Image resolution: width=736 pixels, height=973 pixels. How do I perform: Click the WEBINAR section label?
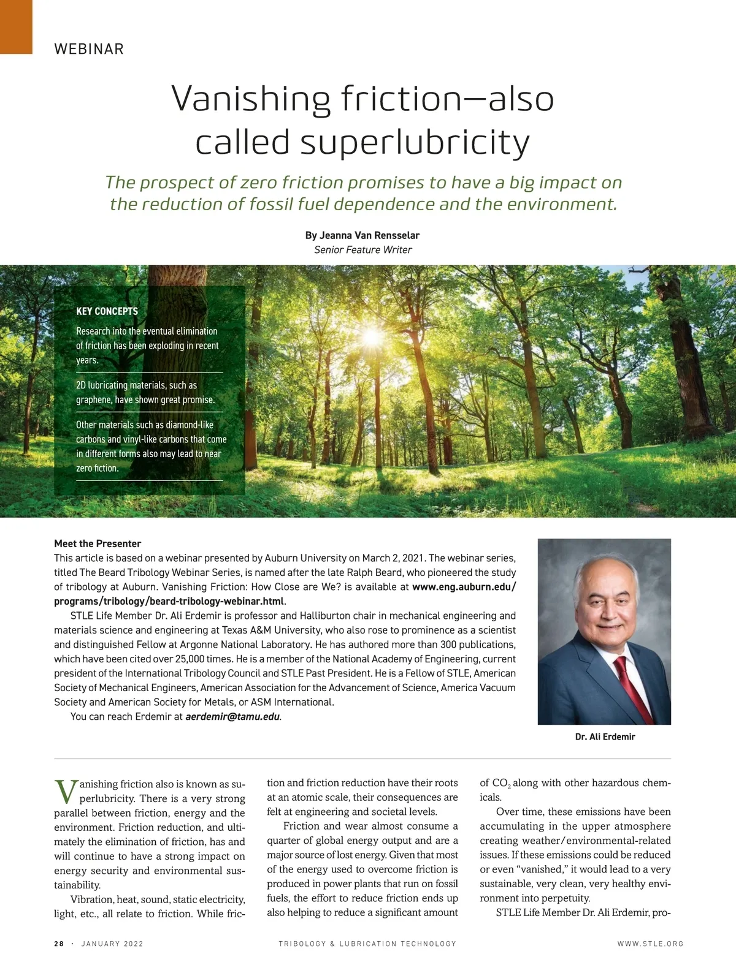pos(89,49)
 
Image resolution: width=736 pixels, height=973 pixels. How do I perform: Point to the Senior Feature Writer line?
pos(362,249)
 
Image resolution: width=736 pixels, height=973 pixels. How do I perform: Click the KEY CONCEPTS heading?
pos(107,311)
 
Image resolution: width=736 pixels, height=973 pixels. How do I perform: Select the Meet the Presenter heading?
pos(98,543)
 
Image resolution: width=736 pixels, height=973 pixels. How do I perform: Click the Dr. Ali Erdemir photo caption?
pos(605,736)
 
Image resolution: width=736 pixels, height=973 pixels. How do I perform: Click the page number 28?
pos(59,944)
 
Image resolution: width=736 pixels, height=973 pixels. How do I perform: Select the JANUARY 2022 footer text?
pos(112,944)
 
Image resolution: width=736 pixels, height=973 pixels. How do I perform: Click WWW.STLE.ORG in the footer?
pos(650,944)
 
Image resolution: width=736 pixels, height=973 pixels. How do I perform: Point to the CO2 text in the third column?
pos(501,784)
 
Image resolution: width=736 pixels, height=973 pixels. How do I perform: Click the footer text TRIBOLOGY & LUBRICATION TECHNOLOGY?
pos(367,944)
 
